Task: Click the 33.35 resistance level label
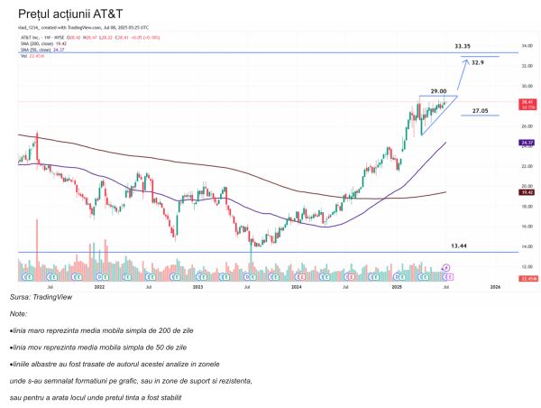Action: coord(463,46)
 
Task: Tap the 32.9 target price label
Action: coord(478,62)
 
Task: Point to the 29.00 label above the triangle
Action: coord(438,91)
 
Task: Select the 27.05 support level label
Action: coord(480,110)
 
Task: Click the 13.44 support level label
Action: coord(461,245)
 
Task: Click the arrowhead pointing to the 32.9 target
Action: coord(465,60)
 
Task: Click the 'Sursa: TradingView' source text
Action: coord(41,296)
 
